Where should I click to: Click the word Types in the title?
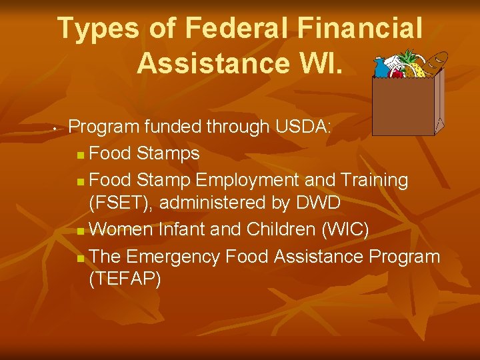tap(99, 29)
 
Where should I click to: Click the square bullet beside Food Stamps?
tap(80, 155)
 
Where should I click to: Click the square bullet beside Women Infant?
tap(80, 231)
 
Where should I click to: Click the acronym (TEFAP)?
tap(125, 279)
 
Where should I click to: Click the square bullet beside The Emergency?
tap(80, 258)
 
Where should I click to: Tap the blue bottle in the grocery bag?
tap(381, 66)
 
